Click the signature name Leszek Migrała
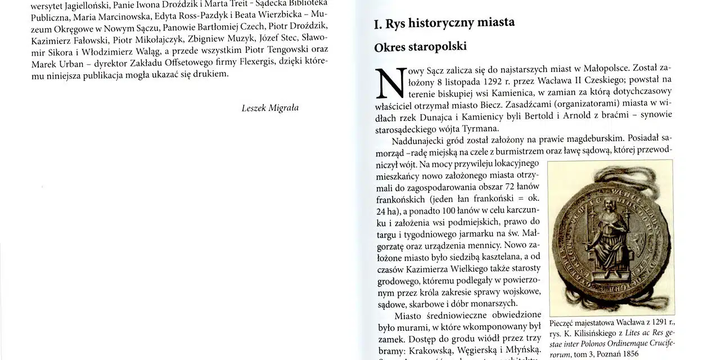(270, 108)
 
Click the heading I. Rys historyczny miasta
(444, 23)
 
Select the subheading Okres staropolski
(420, 47)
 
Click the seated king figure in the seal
(606, 233)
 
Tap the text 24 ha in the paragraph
(388, 211)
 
